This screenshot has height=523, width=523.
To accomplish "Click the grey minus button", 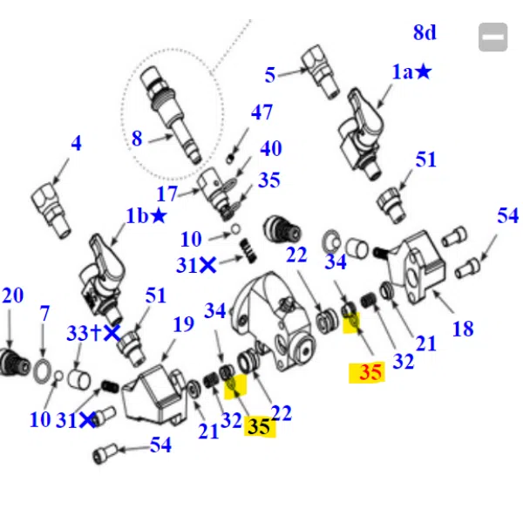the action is (x=493, y=37).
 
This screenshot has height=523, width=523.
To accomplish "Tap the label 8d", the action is (x=425, y=32).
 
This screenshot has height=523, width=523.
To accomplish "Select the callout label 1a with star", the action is (x=411, y=71).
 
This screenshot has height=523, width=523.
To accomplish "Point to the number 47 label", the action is (x=261, y=112).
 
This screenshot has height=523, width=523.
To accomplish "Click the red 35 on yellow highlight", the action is (x=370, y=372).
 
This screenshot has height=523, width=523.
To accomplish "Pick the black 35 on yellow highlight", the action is (x=259, y=426).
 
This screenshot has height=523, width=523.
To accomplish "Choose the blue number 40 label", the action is (x=271, y=148).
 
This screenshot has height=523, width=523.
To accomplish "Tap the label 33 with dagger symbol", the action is (x=84, y=333).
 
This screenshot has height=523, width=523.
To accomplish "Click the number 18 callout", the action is (x=463, y=329).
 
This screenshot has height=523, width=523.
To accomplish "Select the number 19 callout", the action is (x=183, y=324).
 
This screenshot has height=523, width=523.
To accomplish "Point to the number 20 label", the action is (x=13, y=295).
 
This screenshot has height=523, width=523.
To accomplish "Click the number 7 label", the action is (x=44, y=314).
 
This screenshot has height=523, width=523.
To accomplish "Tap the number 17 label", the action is (x=166, y=194).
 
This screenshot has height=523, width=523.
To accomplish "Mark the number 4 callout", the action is (x=76, y=143).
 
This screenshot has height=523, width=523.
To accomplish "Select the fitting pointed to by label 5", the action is (x=320, y=71).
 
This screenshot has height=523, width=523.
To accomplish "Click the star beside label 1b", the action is (x=159, y=216).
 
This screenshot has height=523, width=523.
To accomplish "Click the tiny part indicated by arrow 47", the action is (x=229, y=160).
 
